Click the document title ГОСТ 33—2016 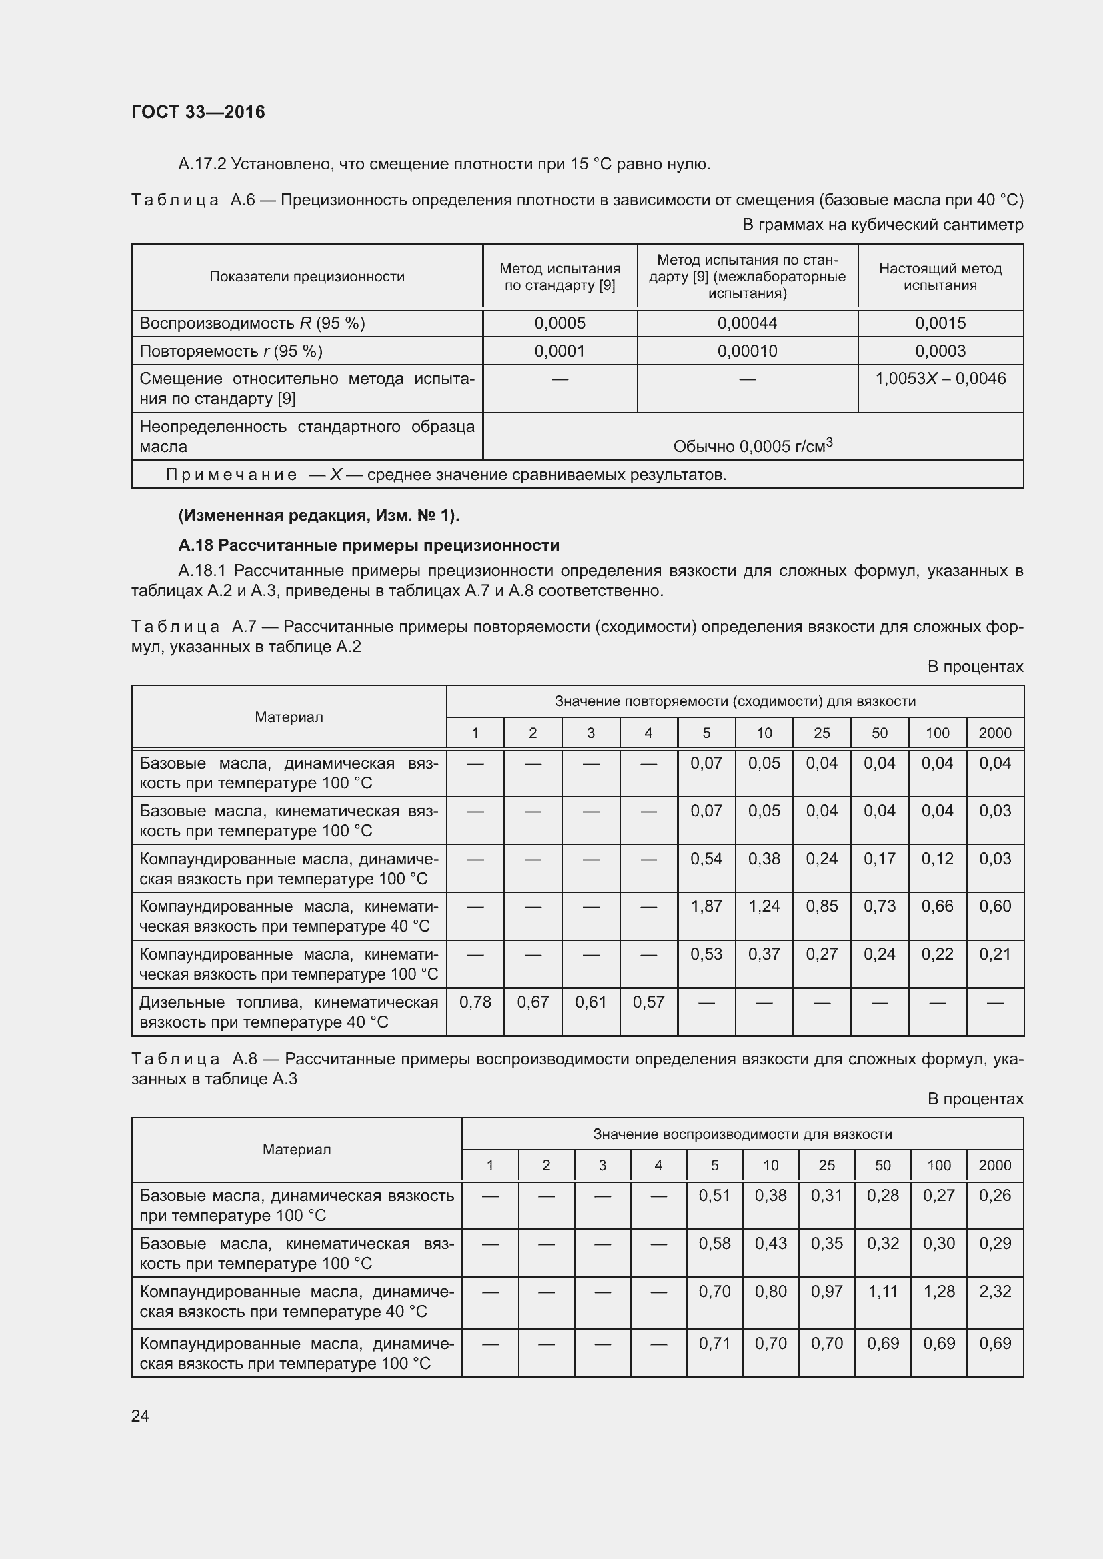pos(197,112)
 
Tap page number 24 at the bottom pos(140,1415)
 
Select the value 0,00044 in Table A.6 pos(746,323)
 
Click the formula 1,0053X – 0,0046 pos(940,379)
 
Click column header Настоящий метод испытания pos(940,277)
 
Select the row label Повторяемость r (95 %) pos(231,351)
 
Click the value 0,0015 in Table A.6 pos(940,323)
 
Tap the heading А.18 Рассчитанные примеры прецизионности pos(369,545)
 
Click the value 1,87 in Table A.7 pos(706,906)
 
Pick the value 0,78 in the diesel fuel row pos(475,1002)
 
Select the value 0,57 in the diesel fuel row pos(648,1002)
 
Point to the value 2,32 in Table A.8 pos(994,1291)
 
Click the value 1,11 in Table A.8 pos(882,1291)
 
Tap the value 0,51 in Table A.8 pos(714,1195)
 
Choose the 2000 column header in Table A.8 pos(994,1165)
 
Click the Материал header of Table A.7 pos(289,717)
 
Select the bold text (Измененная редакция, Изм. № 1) pos(319,515)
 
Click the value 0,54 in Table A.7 pos(706,858)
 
